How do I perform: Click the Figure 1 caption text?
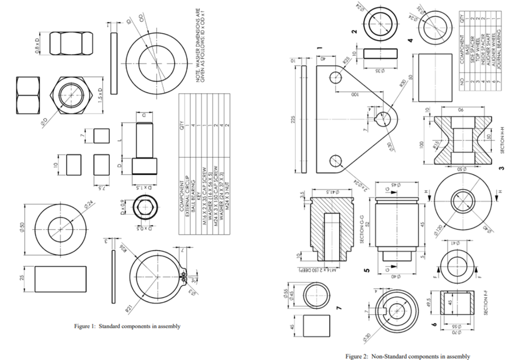point(127,326)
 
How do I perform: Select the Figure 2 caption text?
point(407,356)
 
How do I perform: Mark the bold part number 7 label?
point(338,309)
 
